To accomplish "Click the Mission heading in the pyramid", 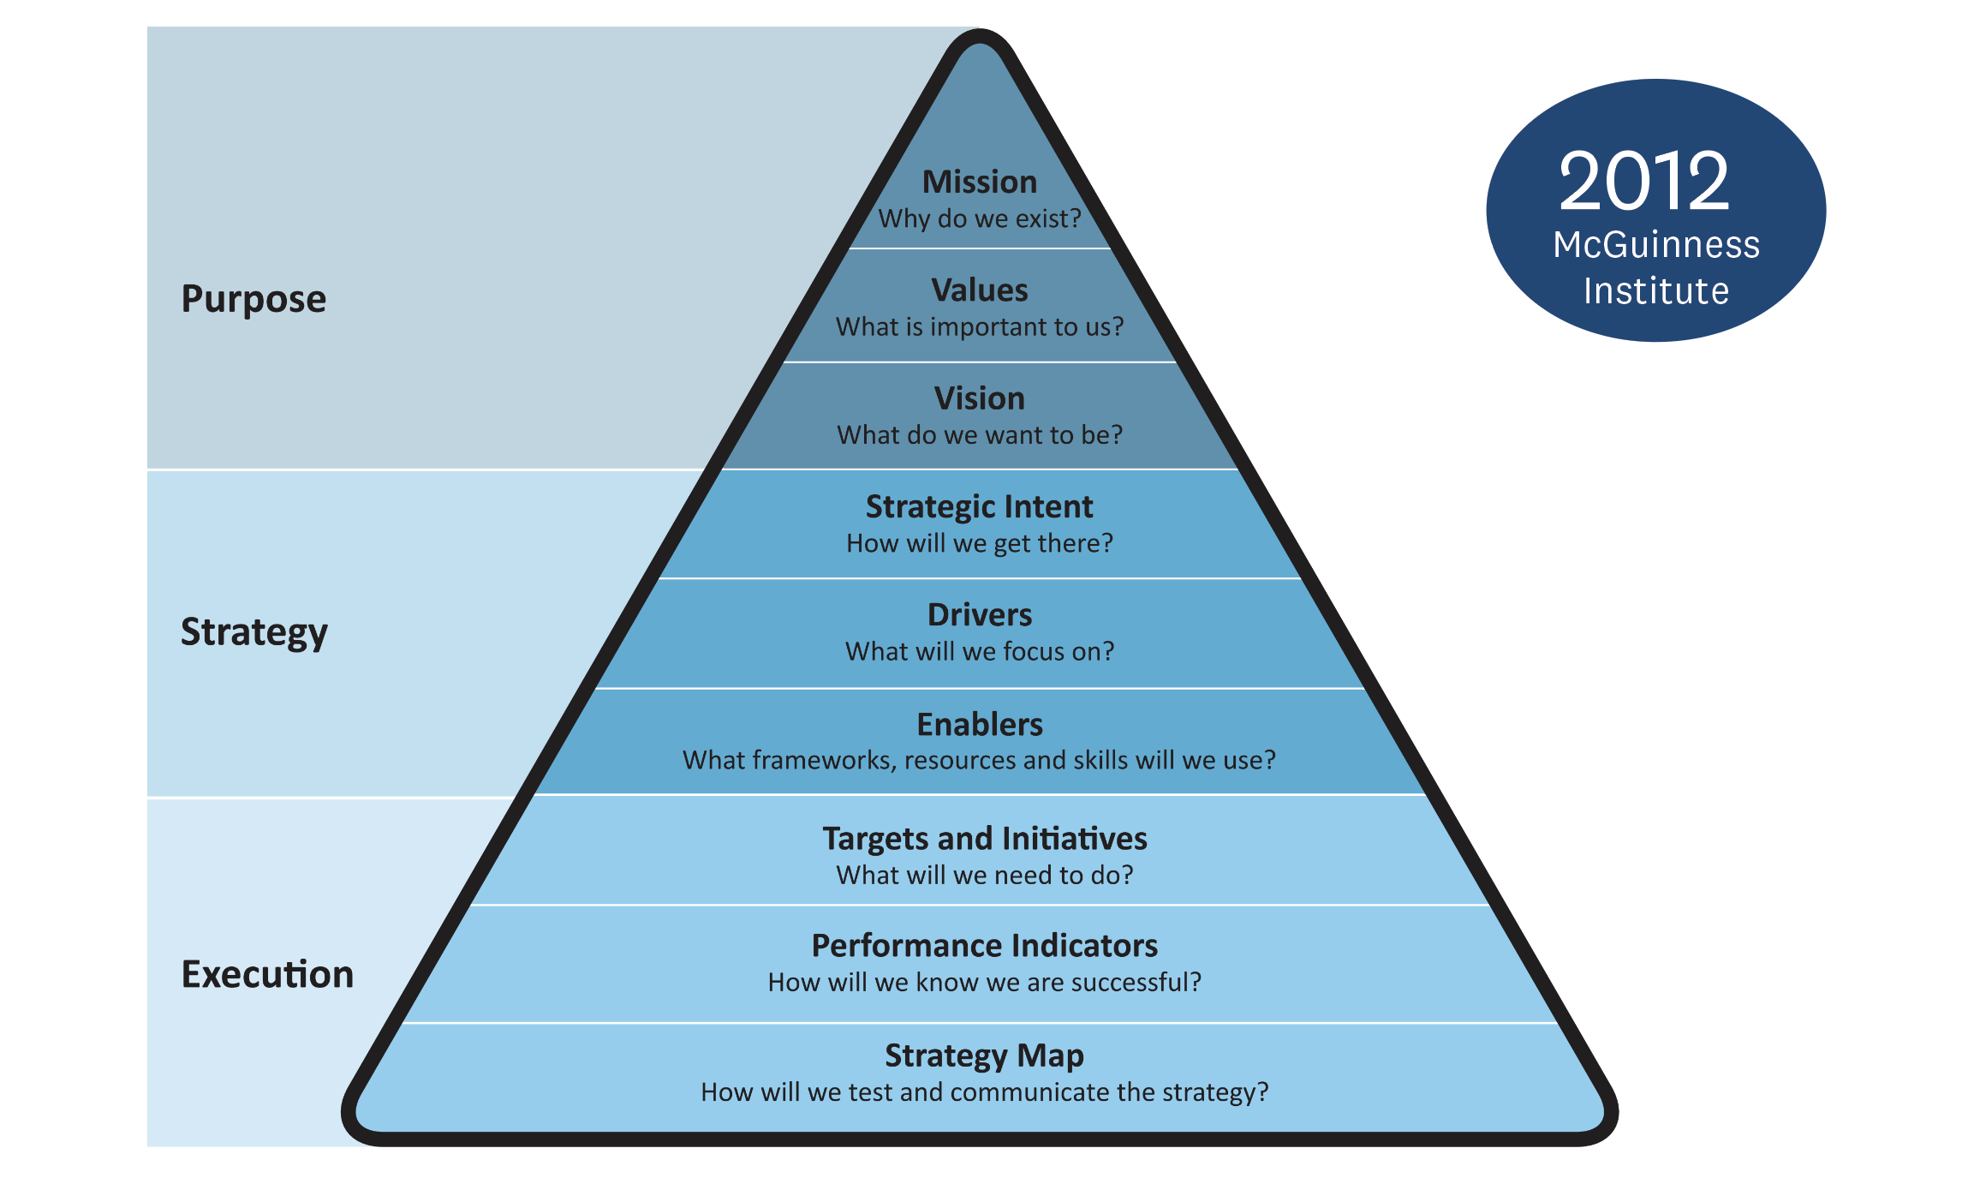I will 979,182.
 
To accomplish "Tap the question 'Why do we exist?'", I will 979,218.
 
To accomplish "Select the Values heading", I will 979,290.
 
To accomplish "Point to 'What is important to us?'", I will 979,326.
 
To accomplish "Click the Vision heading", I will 979,398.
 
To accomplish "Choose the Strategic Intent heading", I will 979,506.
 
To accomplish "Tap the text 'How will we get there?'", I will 979,543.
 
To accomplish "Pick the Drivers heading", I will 979,614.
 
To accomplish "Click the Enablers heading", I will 979,724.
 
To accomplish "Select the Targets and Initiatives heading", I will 984,838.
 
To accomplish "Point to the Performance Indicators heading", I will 984,945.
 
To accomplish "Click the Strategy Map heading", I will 984,1055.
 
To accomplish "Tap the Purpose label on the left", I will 253,299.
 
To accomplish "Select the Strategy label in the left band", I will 253,632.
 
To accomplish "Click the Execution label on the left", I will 267,974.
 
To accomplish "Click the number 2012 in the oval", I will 1643,181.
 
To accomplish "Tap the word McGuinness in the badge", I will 1656,245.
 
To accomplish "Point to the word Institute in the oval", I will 1656,291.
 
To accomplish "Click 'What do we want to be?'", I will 979,435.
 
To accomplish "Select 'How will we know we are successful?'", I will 984,982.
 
